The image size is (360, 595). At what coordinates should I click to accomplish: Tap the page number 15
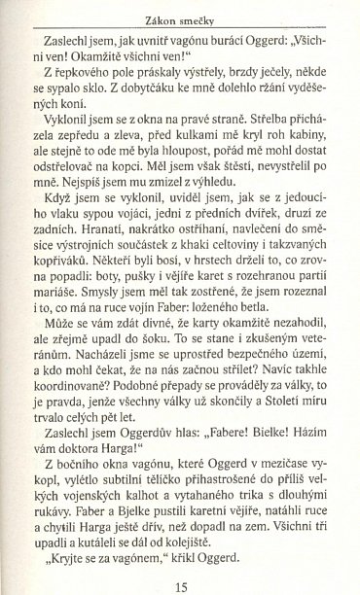181,583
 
